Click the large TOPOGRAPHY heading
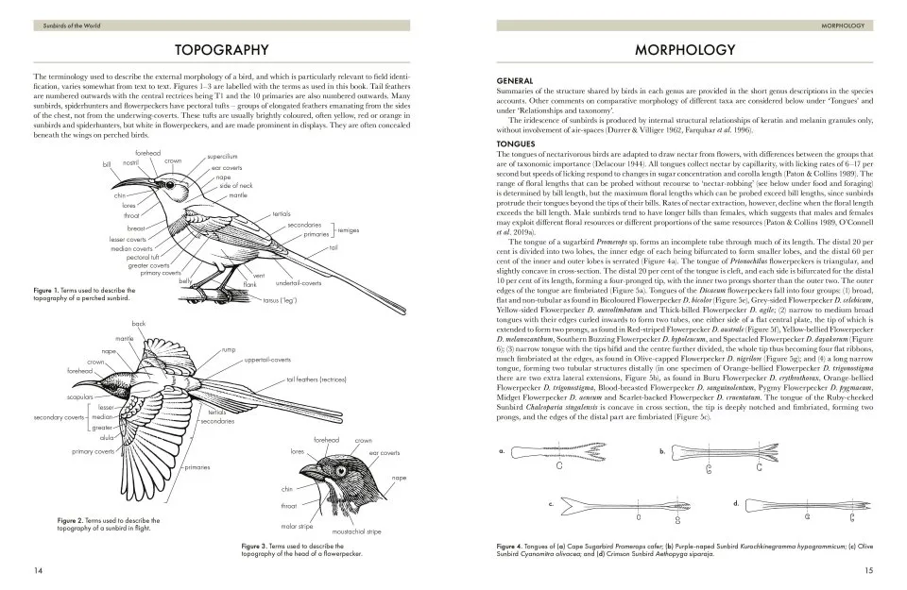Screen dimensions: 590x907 224,48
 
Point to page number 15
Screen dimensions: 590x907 868,569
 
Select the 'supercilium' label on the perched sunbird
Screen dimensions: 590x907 222,156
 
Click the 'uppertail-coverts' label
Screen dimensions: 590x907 266,360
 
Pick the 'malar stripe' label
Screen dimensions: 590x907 297,526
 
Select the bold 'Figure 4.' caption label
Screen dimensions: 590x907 515,546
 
